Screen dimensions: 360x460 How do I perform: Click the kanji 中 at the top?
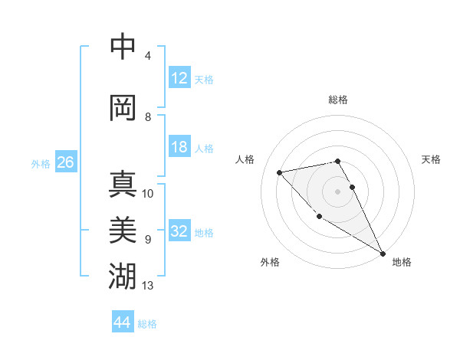123,47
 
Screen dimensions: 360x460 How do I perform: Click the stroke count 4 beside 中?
148,56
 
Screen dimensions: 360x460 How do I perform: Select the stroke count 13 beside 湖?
148,286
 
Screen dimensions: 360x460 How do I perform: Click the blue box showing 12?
179,78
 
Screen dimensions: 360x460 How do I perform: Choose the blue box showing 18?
179,147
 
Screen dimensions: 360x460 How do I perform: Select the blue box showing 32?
179,231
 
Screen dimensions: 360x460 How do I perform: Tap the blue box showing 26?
66,162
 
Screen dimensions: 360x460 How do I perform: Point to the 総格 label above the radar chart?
338,100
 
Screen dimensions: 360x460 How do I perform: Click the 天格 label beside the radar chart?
431,159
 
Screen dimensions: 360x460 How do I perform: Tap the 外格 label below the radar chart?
269,262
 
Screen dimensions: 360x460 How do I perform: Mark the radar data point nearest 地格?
383,254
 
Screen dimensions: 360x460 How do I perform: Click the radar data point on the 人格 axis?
280,172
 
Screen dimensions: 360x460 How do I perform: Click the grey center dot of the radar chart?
338,191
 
